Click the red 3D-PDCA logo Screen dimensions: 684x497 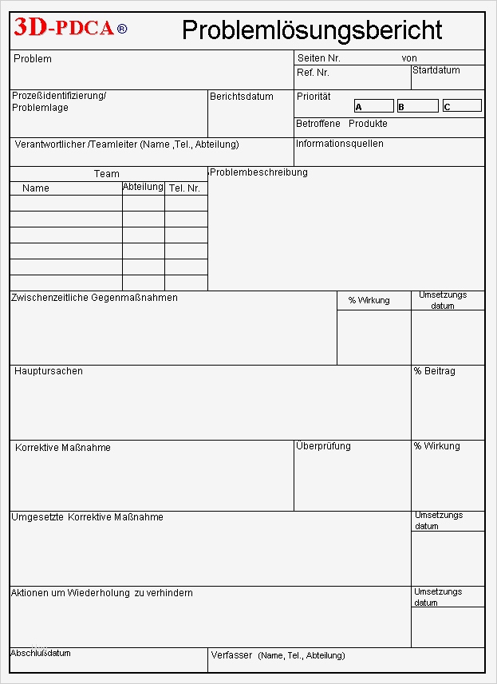pos(64,29)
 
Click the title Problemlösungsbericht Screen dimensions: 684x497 pos(311,30)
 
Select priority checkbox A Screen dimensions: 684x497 pos(373,106)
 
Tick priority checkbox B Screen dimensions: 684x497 pos(417,106)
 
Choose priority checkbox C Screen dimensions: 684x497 pos(462,106)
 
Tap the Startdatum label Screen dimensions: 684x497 pos(436,70)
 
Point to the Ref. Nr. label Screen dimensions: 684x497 pos(313,73)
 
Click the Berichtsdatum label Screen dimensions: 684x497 pos(241,97)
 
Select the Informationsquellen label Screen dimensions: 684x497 pos(339,144)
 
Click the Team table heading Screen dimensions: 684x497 pos(106,173)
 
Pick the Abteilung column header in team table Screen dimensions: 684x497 pos(143,187)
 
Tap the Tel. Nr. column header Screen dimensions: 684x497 pos(184,188)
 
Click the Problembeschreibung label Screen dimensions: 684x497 pos(258,172)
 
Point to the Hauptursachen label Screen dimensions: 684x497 pos(48,371)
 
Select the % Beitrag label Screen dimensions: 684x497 pos(434,371)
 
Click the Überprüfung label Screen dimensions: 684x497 pos(322,446)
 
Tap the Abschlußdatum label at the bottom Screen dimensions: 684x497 pos(40,653)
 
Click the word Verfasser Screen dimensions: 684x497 pos(232,655)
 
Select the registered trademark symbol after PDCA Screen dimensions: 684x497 pos(121,30)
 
